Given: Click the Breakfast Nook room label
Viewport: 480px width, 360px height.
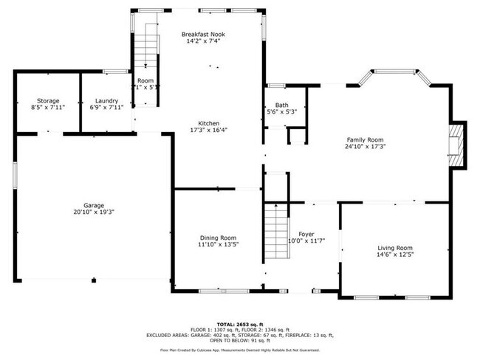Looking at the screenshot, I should (x=203, y=34).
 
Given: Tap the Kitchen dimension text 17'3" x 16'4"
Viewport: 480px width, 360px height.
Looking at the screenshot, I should (x=208, y=131).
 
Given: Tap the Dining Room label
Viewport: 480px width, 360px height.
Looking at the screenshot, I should (x=217, y=237).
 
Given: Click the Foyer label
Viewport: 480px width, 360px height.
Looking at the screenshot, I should (x=306, y=234).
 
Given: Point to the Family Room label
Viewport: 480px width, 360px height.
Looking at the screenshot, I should (x=366, y=139).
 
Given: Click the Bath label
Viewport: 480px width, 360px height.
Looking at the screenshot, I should (x=281, y=105).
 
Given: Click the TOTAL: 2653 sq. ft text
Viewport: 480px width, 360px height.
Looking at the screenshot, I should (x=239, y=324).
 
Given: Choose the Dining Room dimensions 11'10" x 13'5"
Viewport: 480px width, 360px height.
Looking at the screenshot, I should (x=217, y=244).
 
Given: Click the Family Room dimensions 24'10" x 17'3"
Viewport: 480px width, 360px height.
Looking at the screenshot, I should (x=366, y=146).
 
